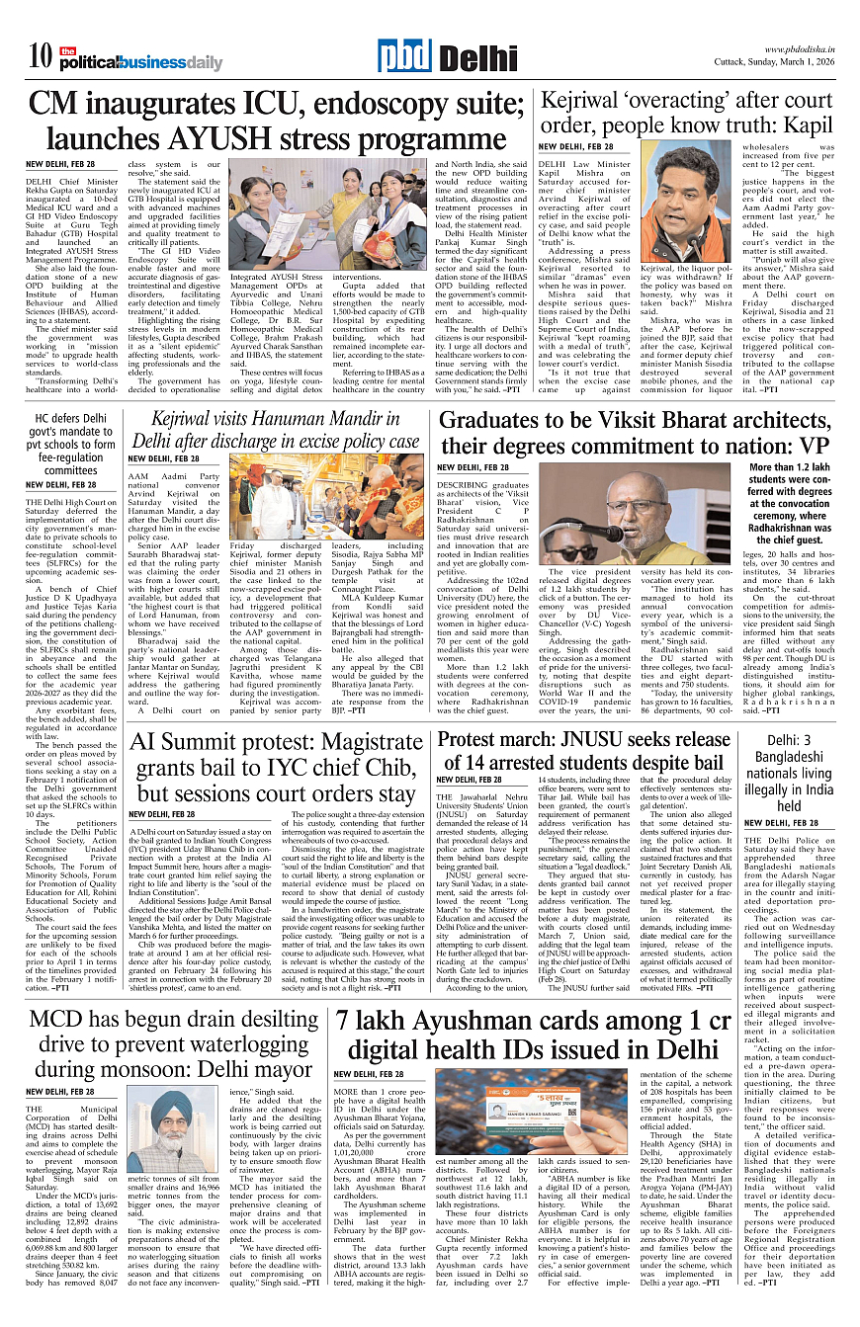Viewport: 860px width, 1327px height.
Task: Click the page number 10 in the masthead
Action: click(41, 57)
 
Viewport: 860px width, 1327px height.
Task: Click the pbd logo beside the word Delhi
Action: click(403, 57)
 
